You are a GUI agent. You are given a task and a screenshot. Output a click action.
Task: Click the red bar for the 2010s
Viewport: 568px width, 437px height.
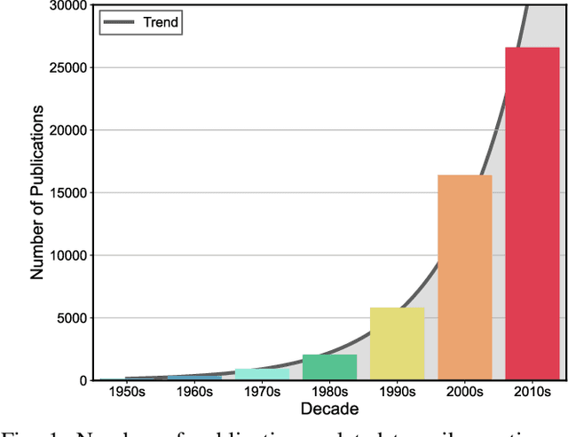[x=532, y=214]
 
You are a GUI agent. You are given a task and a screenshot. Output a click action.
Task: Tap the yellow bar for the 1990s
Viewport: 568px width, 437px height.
[x=397, y=344]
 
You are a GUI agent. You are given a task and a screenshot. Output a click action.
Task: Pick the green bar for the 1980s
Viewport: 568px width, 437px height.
[x=329, y=367]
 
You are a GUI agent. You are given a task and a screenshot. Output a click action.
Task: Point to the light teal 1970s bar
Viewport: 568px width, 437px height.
[x=262, y=374]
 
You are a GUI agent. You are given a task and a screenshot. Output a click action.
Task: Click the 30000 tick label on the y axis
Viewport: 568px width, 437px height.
[x=67, y=5]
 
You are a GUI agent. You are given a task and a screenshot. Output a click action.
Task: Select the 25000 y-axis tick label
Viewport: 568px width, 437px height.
[x=67, y=67]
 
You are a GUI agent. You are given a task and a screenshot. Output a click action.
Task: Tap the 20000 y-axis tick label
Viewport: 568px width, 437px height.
[x=67, y=130]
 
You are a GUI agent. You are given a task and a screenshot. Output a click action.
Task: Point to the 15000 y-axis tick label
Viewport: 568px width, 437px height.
[x=67, y=192]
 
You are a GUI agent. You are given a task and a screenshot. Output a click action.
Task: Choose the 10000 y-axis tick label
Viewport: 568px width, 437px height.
[x=67, y=255]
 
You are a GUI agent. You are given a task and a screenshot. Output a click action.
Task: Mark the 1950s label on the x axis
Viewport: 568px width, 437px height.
[x=127, y=392]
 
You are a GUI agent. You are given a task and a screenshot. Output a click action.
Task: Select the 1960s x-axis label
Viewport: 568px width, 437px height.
[x=194, y=392]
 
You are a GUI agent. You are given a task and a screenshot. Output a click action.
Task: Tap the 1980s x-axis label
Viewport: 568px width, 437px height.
[x=329, y=392]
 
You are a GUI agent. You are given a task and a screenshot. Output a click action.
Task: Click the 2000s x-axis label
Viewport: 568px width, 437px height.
[x=465, y=392]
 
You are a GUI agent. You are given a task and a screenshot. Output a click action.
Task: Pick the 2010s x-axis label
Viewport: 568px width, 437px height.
[x=532, y=392]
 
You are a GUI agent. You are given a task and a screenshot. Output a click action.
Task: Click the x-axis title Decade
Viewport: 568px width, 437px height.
[x=329, y=409]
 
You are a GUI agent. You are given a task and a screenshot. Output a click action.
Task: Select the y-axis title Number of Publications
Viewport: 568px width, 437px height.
[x=37, y=192]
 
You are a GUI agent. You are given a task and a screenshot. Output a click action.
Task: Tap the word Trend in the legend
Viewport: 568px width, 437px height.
[x=161, y=23]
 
